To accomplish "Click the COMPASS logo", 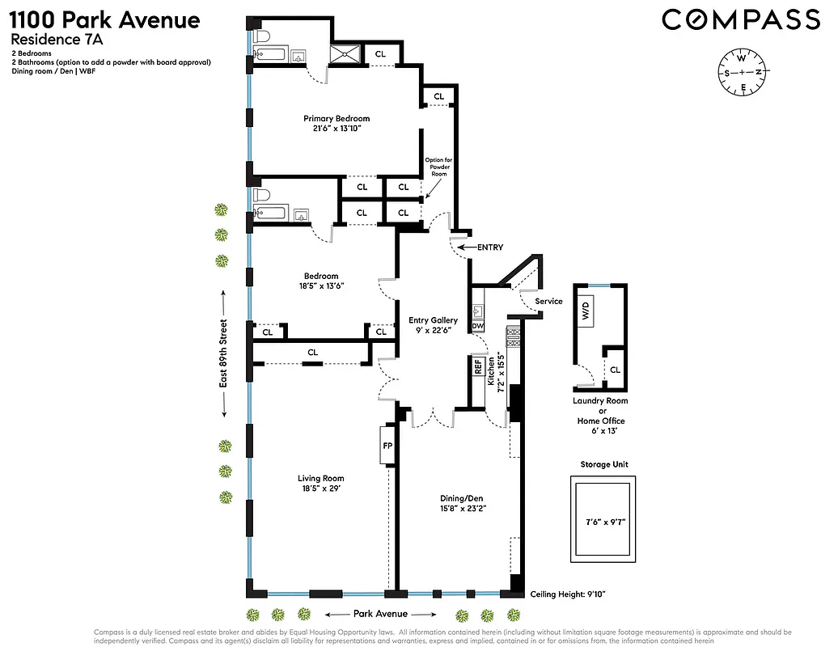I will (x=742, y=19).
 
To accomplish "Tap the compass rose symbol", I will (x=741, y=72).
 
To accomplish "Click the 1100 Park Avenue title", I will (x=105, y=19).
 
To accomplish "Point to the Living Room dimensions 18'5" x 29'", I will (x=320, y=489).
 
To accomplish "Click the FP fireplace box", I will (x=386, y=446).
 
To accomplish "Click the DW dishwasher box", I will (x=477, y=326).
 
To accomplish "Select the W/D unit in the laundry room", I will (x=585, y=311).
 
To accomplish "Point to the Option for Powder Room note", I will (x=438, y=167).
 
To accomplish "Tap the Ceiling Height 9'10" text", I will (x=568, y=594).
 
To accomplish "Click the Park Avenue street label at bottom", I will (x=380, y=614).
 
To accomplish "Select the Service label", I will (x=549, y=302).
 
